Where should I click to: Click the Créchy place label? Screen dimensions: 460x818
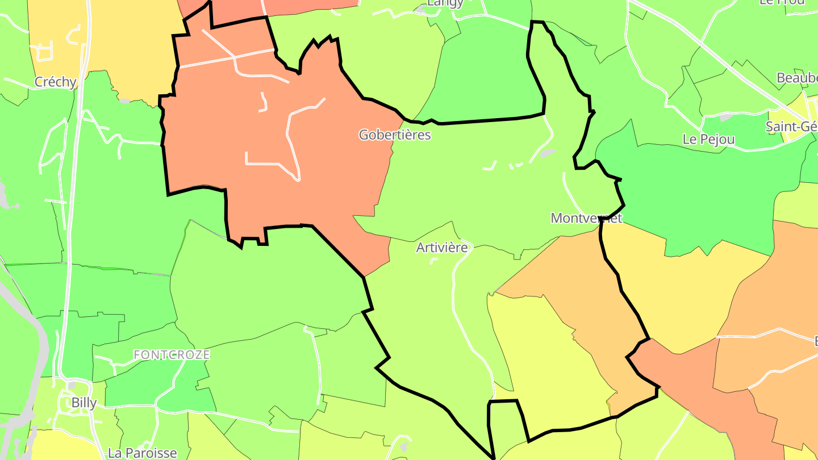55,82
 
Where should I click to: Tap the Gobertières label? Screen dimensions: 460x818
395,135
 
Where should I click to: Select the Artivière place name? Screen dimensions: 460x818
442,248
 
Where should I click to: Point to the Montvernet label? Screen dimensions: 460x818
586,218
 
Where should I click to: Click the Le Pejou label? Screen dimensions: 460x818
708,140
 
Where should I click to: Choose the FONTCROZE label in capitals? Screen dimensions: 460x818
172,355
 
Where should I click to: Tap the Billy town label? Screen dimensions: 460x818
84,403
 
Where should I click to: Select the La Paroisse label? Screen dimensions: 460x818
142,453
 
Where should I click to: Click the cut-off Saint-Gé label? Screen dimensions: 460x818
792,127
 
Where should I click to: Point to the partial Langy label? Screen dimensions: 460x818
445,3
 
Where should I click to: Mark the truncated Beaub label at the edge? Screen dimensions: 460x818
796,78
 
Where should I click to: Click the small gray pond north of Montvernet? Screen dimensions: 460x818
547,153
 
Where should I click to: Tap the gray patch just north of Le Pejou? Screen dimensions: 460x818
725,118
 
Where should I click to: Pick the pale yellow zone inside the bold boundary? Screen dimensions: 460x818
545,363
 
